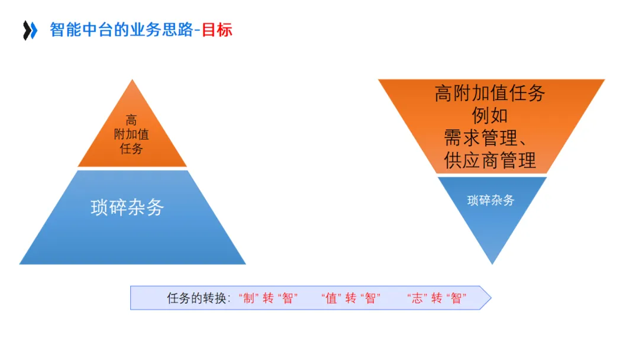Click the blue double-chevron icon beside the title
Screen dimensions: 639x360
[30, 30]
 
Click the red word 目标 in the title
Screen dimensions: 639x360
[217, 30]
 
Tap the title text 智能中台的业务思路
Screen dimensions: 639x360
[121, 30]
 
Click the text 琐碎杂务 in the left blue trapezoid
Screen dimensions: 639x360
[127, 207]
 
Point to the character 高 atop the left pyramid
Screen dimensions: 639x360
[131, 120]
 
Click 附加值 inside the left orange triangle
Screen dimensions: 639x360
[131, 134]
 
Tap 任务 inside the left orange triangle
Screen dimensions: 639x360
[131, 149]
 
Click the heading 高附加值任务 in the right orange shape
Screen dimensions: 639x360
[490, 93]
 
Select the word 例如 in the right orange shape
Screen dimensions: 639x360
[490, 115]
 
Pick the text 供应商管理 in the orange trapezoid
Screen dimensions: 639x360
[490, 160]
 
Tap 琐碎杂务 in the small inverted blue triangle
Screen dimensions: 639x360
[490, 200]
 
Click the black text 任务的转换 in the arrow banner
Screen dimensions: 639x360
[198, 298]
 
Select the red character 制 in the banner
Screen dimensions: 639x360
[249, 298]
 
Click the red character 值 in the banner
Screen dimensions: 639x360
[331, 298]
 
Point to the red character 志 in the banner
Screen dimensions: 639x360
[418, 298]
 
